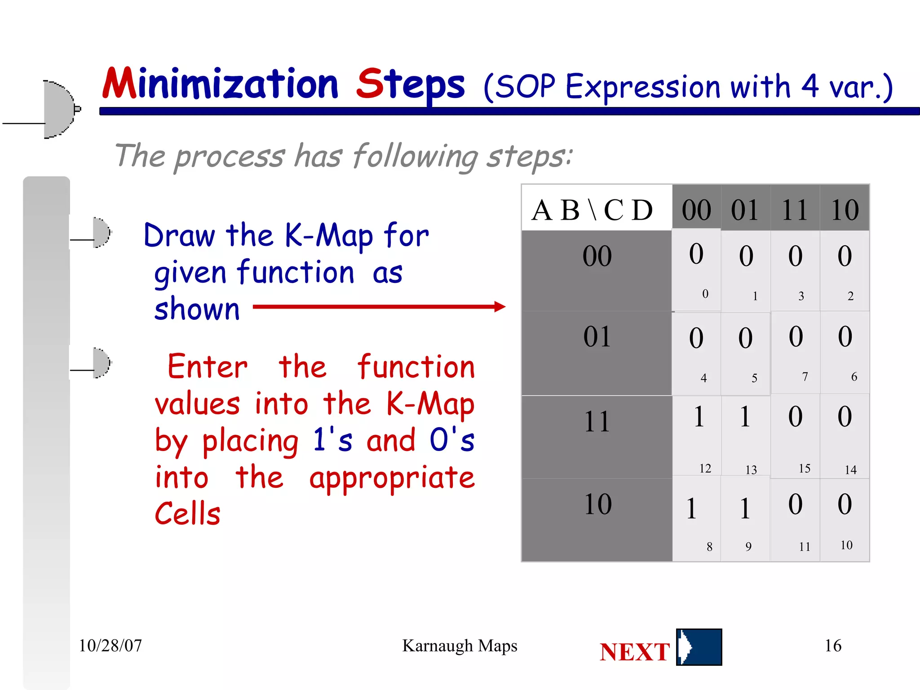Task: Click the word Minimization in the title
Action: click(220, 84)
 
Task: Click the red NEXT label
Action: click(634, 652)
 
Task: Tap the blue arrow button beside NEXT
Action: click(699, 647)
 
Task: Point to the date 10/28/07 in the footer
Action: click(110, 646)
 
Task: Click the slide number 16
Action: click(832, 646)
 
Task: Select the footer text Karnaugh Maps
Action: click(460, 646)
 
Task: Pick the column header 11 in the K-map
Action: click(795, 209)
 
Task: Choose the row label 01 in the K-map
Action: click(597, 337)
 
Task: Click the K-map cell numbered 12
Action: click(697, 436)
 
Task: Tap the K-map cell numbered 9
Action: click(745, 519)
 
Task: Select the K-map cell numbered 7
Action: click(796, 353)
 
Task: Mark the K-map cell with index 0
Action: click(697, 270)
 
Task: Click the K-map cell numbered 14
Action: click(845, 436)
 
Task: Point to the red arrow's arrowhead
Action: click(500, 307)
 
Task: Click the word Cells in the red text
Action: click(188, 513)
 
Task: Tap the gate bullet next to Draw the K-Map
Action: click(101, 233)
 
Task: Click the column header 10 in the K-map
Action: click(844, 209)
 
